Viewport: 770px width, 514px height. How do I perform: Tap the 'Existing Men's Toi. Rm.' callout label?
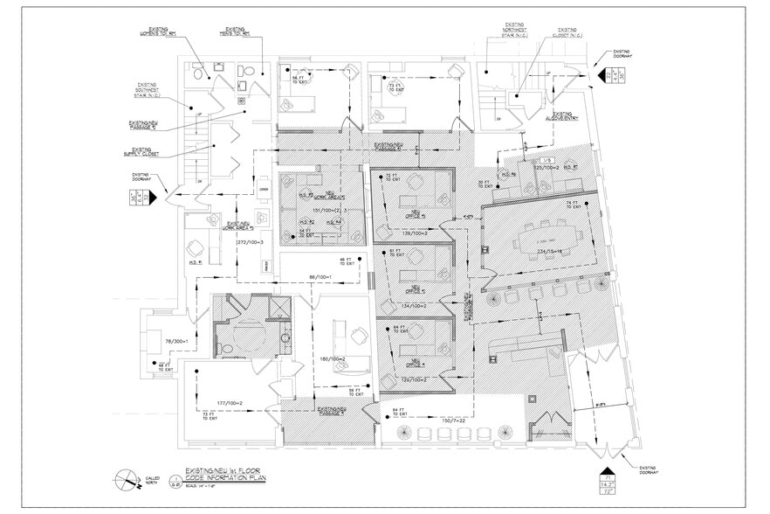point(235,33)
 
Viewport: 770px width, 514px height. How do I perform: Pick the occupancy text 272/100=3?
point(250,241)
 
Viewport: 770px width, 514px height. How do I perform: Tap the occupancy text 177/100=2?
point(230,403)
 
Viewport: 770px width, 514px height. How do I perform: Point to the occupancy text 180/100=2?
point(333,359)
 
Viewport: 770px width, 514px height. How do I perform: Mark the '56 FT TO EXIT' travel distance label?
point(298,80)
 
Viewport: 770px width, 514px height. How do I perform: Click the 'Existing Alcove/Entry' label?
point(561,115)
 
